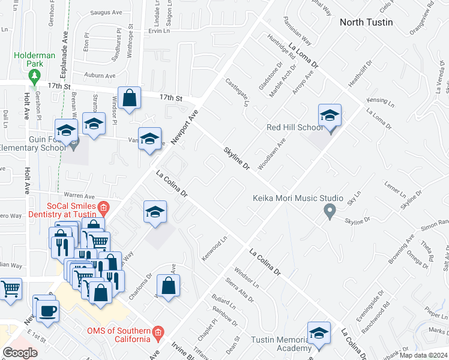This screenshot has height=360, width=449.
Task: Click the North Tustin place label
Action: coord(366,22)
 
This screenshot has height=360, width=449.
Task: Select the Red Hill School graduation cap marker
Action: coord(330,116)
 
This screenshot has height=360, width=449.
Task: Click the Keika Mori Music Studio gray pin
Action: coord(329,211)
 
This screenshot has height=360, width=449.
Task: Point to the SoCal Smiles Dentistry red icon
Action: coord(103,208)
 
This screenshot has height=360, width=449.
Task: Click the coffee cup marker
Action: coord(47,310)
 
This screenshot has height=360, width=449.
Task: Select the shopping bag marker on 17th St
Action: coord(129,98)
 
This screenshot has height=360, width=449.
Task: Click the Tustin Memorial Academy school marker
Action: coord(319,334)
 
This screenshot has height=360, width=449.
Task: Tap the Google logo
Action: coord(20,353)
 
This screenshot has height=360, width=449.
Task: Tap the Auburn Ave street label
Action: coord(100,76)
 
